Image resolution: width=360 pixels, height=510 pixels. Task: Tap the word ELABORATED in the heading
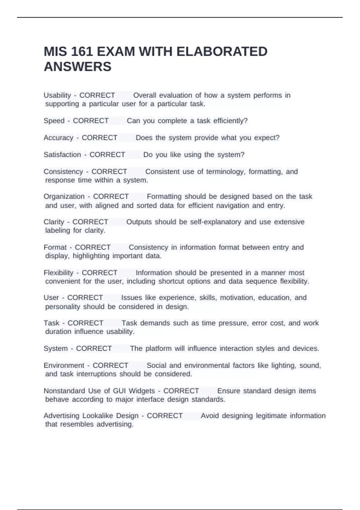tap(222, 52)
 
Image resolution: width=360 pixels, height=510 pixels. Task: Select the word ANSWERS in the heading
tap(77, 67)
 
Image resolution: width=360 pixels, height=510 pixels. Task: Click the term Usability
tap(57, 95)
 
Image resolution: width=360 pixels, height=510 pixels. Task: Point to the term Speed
tap(54, 121)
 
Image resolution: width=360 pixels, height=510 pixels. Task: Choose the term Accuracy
tap(58, 138)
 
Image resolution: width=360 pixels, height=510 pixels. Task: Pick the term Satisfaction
tap(62, 154)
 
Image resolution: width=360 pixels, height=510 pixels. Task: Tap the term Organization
tap(64, 196)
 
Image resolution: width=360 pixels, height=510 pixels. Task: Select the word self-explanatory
tap(215, 222)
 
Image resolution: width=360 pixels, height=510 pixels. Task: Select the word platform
tap(159, 349)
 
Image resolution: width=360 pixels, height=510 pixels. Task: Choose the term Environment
tap(64, 365)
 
